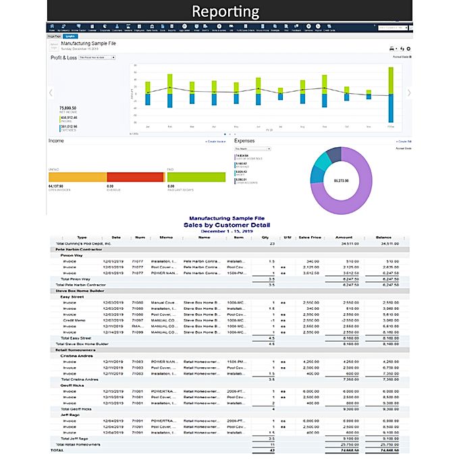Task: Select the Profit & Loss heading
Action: tap(63, 58)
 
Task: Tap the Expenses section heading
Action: tap(245, 141)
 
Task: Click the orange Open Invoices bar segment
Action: tap(78, 176)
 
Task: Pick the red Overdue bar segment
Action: tap(135, 176)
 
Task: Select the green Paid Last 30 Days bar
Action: tap(196, 176)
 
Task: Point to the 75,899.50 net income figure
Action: tap(67, 108)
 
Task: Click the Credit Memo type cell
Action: tap(72, 321)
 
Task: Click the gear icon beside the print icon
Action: tap(408, 49)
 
